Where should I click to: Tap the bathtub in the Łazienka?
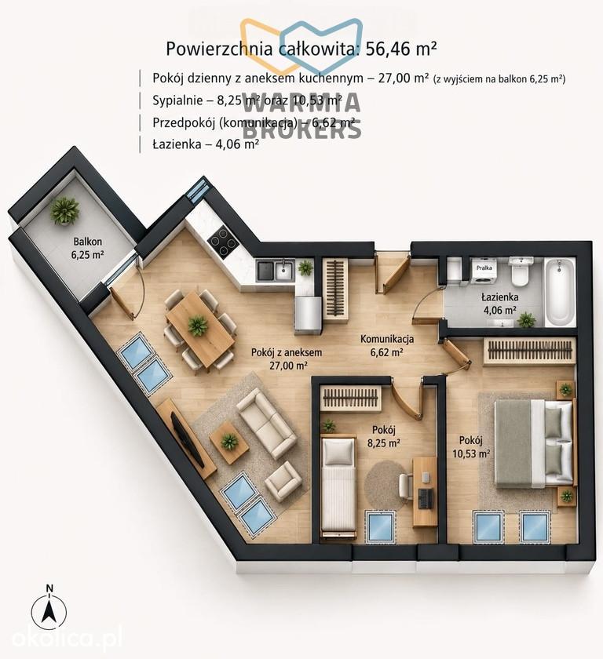coord(561,292)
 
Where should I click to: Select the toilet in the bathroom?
coord(520,272)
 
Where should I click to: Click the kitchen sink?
coord(275,270)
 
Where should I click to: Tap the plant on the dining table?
coord(197,325)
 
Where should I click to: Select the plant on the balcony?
coord(64,210)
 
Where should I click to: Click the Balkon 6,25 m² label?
coord(88,248)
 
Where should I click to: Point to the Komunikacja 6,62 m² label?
coord(387,345)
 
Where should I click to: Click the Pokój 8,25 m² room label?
coord(383,436)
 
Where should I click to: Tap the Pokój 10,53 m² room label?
coord(471,446)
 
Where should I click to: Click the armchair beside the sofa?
coord(283,479)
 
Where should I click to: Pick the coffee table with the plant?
coord(229,442)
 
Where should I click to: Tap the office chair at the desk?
coord(406,486)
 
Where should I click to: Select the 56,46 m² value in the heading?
coord(401,49)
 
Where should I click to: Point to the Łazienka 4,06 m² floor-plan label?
coord(499,304)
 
